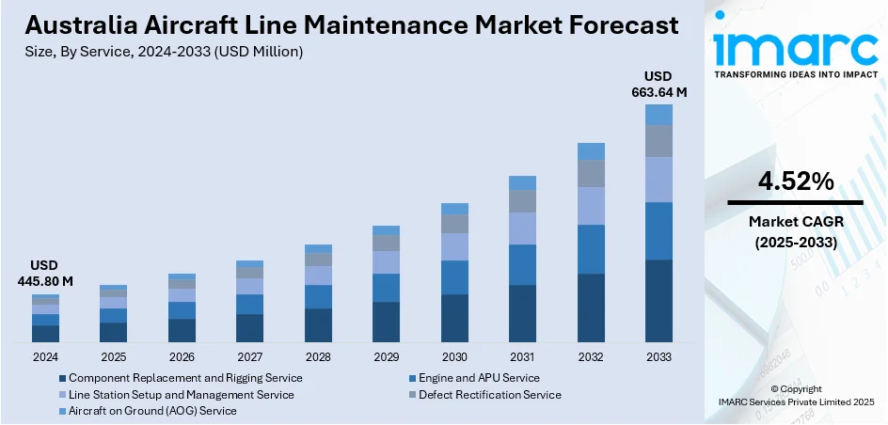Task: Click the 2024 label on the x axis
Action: coord(45,357)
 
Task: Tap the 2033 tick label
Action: coord(658,357)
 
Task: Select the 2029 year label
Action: coord(386,357)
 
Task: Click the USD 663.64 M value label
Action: coord(658,84)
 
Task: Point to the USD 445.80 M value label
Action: coord(45,274)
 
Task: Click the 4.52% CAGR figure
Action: coord(796,181)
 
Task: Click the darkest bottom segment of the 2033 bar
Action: coord(658,301)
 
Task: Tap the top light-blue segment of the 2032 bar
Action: coord(591,151)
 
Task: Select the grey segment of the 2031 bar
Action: coord(522,201)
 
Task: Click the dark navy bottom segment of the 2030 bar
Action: coord(454,318)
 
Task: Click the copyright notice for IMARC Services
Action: coord(796,396)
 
